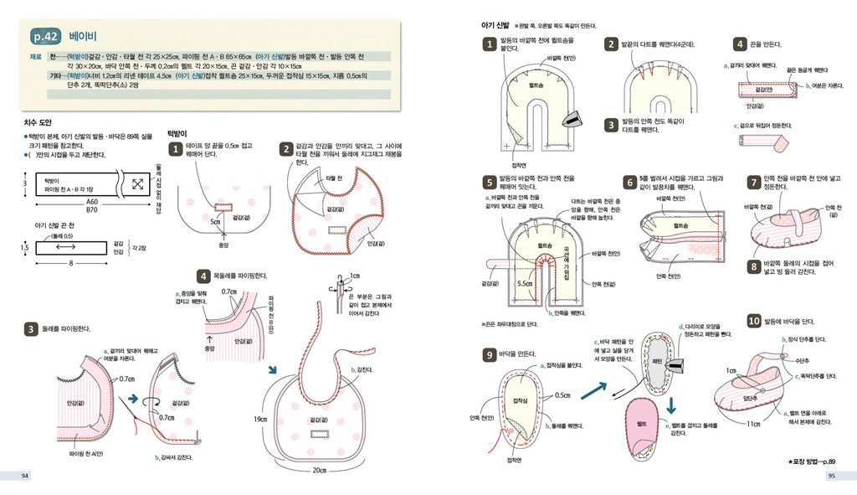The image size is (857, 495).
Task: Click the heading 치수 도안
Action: click(38, 121)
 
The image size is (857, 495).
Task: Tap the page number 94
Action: click(26, 477)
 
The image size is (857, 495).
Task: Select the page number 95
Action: click(832, 477)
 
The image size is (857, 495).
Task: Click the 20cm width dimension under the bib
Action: click(319, 470)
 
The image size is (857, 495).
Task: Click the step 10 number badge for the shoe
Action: click(754, 321)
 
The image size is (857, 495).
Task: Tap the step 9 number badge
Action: click(490, 355)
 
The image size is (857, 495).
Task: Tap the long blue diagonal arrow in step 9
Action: click(593, 387)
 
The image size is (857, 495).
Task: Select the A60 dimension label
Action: click(92, 202)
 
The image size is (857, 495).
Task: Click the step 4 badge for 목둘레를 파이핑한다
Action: click(203, 275)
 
